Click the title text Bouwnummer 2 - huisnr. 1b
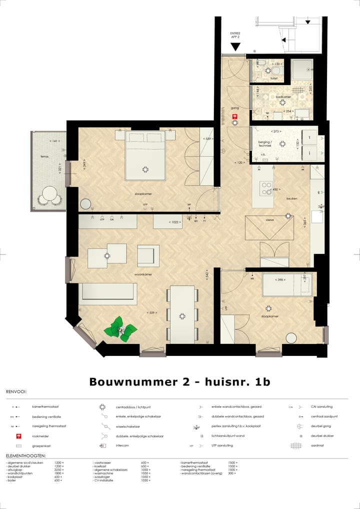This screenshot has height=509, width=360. click(x=179, y=381)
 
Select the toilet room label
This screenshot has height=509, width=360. click(x=273, y=78)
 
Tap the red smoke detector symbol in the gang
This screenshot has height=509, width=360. click(x=235, y=117)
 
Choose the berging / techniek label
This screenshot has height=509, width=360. click(x=265, y=143)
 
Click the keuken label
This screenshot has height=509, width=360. click(x=292, y=198)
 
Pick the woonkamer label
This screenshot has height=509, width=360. click(x=143, y=274)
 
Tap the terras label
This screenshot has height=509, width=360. click(x=45, y=156)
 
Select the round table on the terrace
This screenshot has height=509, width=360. click(x=50, y=193)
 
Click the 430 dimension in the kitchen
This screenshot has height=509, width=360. click(x=275, y=189)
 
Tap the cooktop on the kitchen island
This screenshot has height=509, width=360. click(x=265, y=188)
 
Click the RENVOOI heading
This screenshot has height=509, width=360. click(x=16, y=392)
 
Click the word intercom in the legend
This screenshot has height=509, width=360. click(x=122, y=445)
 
